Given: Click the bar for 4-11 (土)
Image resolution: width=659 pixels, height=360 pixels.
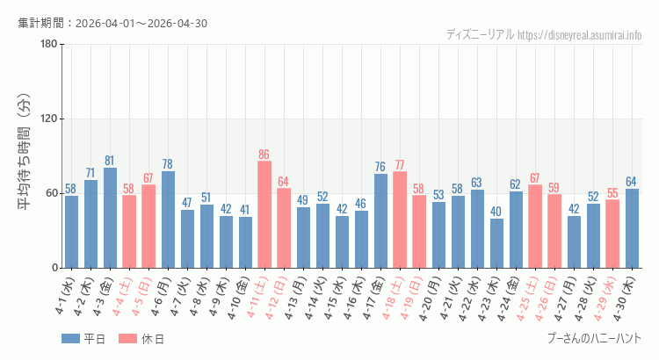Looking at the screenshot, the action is coord(264,214).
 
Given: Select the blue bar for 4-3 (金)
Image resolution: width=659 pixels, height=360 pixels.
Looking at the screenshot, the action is coord(110,218).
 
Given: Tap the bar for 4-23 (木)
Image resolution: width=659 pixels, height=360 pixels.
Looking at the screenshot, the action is coord(496,243).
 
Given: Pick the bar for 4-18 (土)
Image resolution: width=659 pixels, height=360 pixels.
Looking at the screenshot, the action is coord(400,220).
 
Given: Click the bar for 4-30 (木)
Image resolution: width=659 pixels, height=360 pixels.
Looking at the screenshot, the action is coord(632,228).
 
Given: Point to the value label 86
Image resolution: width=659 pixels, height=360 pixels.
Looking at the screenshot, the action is coord(264,155).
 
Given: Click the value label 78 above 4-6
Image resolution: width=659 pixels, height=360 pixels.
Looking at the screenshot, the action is coord(167,164).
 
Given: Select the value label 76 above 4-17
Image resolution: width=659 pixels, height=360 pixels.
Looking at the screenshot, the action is coord(380,167).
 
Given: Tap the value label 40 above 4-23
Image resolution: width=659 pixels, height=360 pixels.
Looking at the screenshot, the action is coord(496,212).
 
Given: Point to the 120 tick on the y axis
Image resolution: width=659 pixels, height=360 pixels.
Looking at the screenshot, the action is coord(48,119).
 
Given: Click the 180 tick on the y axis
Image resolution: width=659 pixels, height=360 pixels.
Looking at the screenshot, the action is coord(48,44).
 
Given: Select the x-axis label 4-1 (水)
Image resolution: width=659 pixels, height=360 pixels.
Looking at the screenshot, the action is coord(65,296).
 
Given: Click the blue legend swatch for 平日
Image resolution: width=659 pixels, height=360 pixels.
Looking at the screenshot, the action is coord(70,339).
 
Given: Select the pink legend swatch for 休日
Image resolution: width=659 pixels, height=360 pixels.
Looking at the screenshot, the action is coord(127,339).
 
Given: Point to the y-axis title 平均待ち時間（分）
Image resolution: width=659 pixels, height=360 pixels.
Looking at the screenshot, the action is coord(24,152).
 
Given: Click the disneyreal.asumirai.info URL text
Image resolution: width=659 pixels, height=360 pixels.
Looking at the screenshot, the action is coord(580,35).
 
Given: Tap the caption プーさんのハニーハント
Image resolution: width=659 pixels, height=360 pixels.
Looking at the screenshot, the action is coord(595,338).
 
